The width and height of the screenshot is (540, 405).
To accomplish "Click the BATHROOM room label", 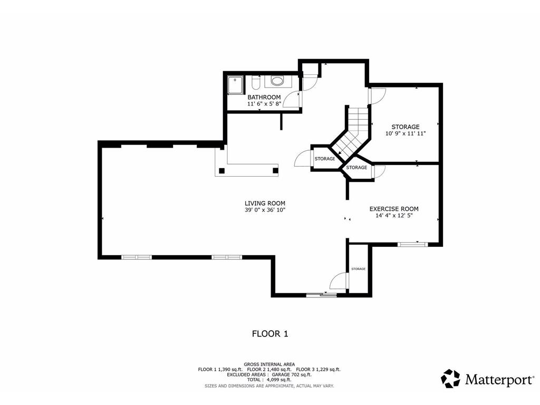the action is tap(264, 97).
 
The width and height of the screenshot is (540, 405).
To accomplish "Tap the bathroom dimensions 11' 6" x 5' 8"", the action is tap(264, 103).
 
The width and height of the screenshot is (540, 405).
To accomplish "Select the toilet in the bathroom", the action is tap(255, 83).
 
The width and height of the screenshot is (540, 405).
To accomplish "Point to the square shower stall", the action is tap(235, 85).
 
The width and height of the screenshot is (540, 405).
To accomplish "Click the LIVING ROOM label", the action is tap(265, 204).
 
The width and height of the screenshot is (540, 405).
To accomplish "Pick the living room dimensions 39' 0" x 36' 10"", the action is tap(265, 210).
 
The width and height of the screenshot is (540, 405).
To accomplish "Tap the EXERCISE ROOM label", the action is tap(394, 209).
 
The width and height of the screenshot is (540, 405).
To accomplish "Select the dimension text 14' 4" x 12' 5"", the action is tap(394, 216).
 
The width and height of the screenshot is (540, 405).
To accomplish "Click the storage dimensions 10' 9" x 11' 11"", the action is tap(406, 133).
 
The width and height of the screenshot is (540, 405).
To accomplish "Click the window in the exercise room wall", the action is tap(412, 245).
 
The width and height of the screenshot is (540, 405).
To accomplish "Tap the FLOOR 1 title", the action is tap(270, 334).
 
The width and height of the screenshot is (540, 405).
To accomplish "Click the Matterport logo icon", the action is tap(450, 379).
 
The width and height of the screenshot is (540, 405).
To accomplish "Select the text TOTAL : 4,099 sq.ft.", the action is tap(269, 380).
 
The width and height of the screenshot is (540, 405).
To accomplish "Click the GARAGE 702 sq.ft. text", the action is tap(292, 374).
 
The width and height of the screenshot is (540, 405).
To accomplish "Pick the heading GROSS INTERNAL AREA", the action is tap(269, 364).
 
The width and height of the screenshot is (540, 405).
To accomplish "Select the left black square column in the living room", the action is tap(222, 170).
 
